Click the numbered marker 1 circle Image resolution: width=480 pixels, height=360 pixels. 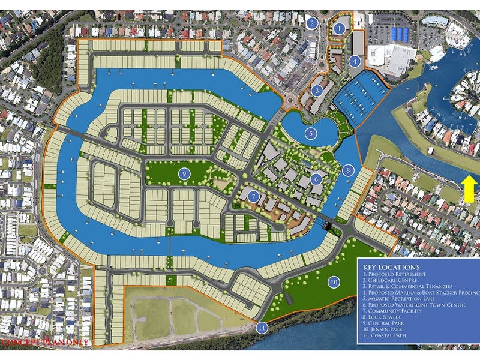pos(340,28)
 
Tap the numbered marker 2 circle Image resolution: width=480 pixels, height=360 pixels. pos(311,24)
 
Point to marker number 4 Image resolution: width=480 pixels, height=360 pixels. pos(356,61)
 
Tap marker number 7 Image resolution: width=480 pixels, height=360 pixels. pos(254,196)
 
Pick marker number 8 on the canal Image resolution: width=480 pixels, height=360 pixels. pos(347,170)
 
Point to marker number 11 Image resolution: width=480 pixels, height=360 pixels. pos(262,328)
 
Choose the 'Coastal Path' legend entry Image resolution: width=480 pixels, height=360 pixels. pos(390,338)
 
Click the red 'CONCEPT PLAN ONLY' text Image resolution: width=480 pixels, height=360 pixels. pos(45,343)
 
